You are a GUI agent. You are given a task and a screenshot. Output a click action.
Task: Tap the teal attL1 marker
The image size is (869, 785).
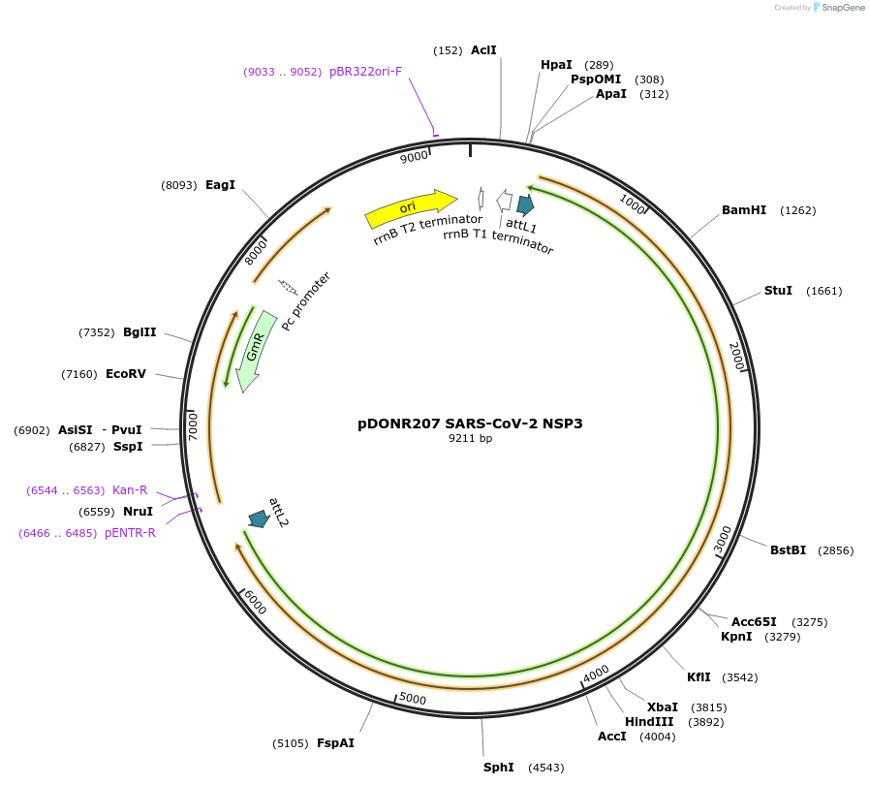coord(525,204)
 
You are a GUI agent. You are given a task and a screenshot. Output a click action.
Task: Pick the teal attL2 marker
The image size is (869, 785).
coord(259,518)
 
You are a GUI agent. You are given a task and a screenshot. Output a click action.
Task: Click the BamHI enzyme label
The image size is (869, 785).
coord(743,210)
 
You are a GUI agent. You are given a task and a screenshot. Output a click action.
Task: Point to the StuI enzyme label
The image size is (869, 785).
coord(778,291)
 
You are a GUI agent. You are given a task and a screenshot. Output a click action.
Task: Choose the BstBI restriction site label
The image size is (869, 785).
coord(788,550)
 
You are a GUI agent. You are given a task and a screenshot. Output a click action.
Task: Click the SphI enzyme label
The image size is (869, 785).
coord(498,768)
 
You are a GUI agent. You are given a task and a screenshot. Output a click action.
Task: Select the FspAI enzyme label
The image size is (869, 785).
coord(335,743)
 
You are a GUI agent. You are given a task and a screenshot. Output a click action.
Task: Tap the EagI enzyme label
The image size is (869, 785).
coord(220,184)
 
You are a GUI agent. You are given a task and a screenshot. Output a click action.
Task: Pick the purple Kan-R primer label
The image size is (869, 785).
coord(130,490)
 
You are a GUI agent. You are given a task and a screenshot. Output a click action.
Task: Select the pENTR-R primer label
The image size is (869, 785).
coord(130,533)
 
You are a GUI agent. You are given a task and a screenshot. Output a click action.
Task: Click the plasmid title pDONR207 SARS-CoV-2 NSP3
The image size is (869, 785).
coord(470,423)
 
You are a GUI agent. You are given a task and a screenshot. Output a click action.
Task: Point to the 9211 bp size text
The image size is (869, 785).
coord(470,439)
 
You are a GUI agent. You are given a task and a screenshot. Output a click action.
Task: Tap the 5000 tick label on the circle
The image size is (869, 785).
coord(413,699)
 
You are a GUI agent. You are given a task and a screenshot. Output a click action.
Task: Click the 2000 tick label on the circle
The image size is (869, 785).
coord(736,356)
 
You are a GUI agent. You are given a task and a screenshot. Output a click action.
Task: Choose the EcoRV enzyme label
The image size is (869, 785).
coord(125,374)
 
